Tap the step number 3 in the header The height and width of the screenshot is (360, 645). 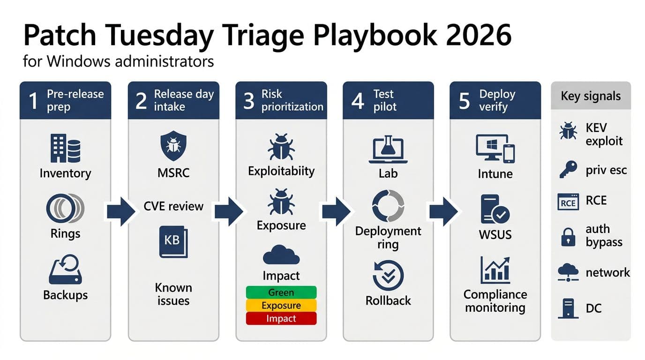pyautogui.click(x=248, y=101)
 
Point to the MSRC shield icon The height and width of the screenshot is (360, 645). pyautogui.click(x=173, y=146)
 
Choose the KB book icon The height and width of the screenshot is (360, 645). pyautogui.click(x=173, y=242)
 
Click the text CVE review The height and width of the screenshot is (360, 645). pyautogui.click(x=173, y=206)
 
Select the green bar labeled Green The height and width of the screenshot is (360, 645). pyautogui.click(x=281, y=292)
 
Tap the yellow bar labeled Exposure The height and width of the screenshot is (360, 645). pyautogui.click(x=281, y=306)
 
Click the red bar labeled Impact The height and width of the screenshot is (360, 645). pyautogui.click(x=281, y=319)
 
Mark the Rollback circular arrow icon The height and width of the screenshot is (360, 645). pyautogui.click(x=388, y=276)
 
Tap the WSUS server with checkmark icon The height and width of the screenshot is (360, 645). pyautogui.click(x=495, y=210)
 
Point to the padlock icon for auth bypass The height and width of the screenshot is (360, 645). pyautogui.click(x=568, y=237)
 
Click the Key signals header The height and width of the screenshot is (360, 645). pyautogui.click(x=591, y=96)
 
